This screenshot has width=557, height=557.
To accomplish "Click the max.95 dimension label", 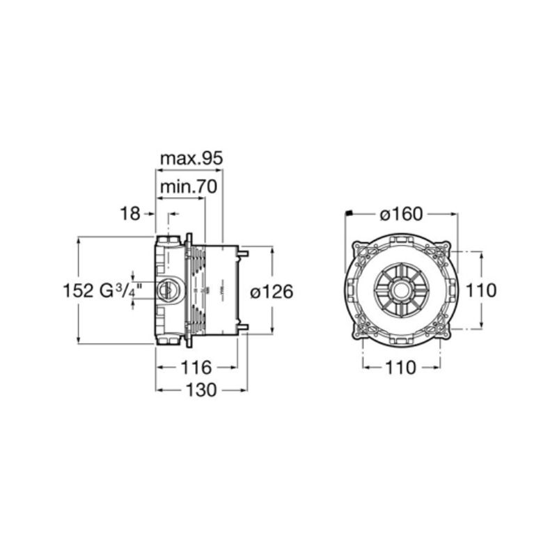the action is pos(191,159).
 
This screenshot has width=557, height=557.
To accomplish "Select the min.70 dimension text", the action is pos(188,187).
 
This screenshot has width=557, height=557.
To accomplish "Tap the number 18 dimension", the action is pos(130,214).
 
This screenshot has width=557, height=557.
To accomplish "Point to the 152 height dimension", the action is pos(78,290).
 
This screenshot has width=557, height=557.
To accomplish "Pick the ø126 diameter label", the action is pos(272,292).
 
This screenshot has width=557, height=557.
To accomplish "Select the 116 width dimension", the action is pos(196,367).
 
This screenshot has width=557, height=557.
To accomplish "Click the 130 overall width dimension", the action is pos(201,390).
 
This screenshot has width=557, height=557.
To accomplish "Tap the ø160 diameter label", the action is pos(401,214).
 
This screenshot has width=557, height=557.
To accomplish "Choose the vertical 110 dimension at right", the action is pos(480,290).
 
